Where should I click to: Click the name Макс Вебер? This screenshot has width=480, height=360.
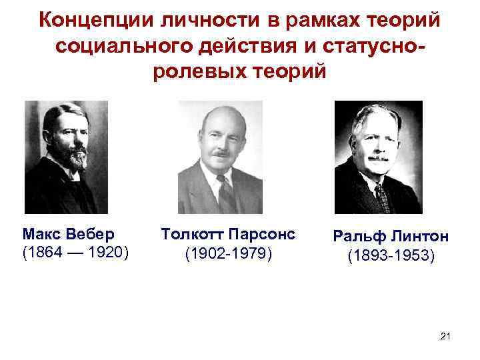pos(68,235)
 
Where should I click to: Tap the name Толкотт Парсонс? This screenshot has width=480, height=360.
pos(227,235)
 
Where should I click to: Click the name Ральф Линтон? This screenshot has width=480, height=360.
pos(391,238)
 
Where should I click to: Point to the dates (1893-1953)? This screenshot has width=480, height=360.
pos(391,256)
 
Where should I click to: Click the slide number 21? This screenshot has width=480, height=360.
pos(446,338)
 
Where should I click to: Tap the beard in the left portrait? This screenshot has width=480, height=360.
pos(73,157)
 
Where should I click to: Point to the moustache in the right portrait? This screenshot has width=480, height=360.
pos(378,158)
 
